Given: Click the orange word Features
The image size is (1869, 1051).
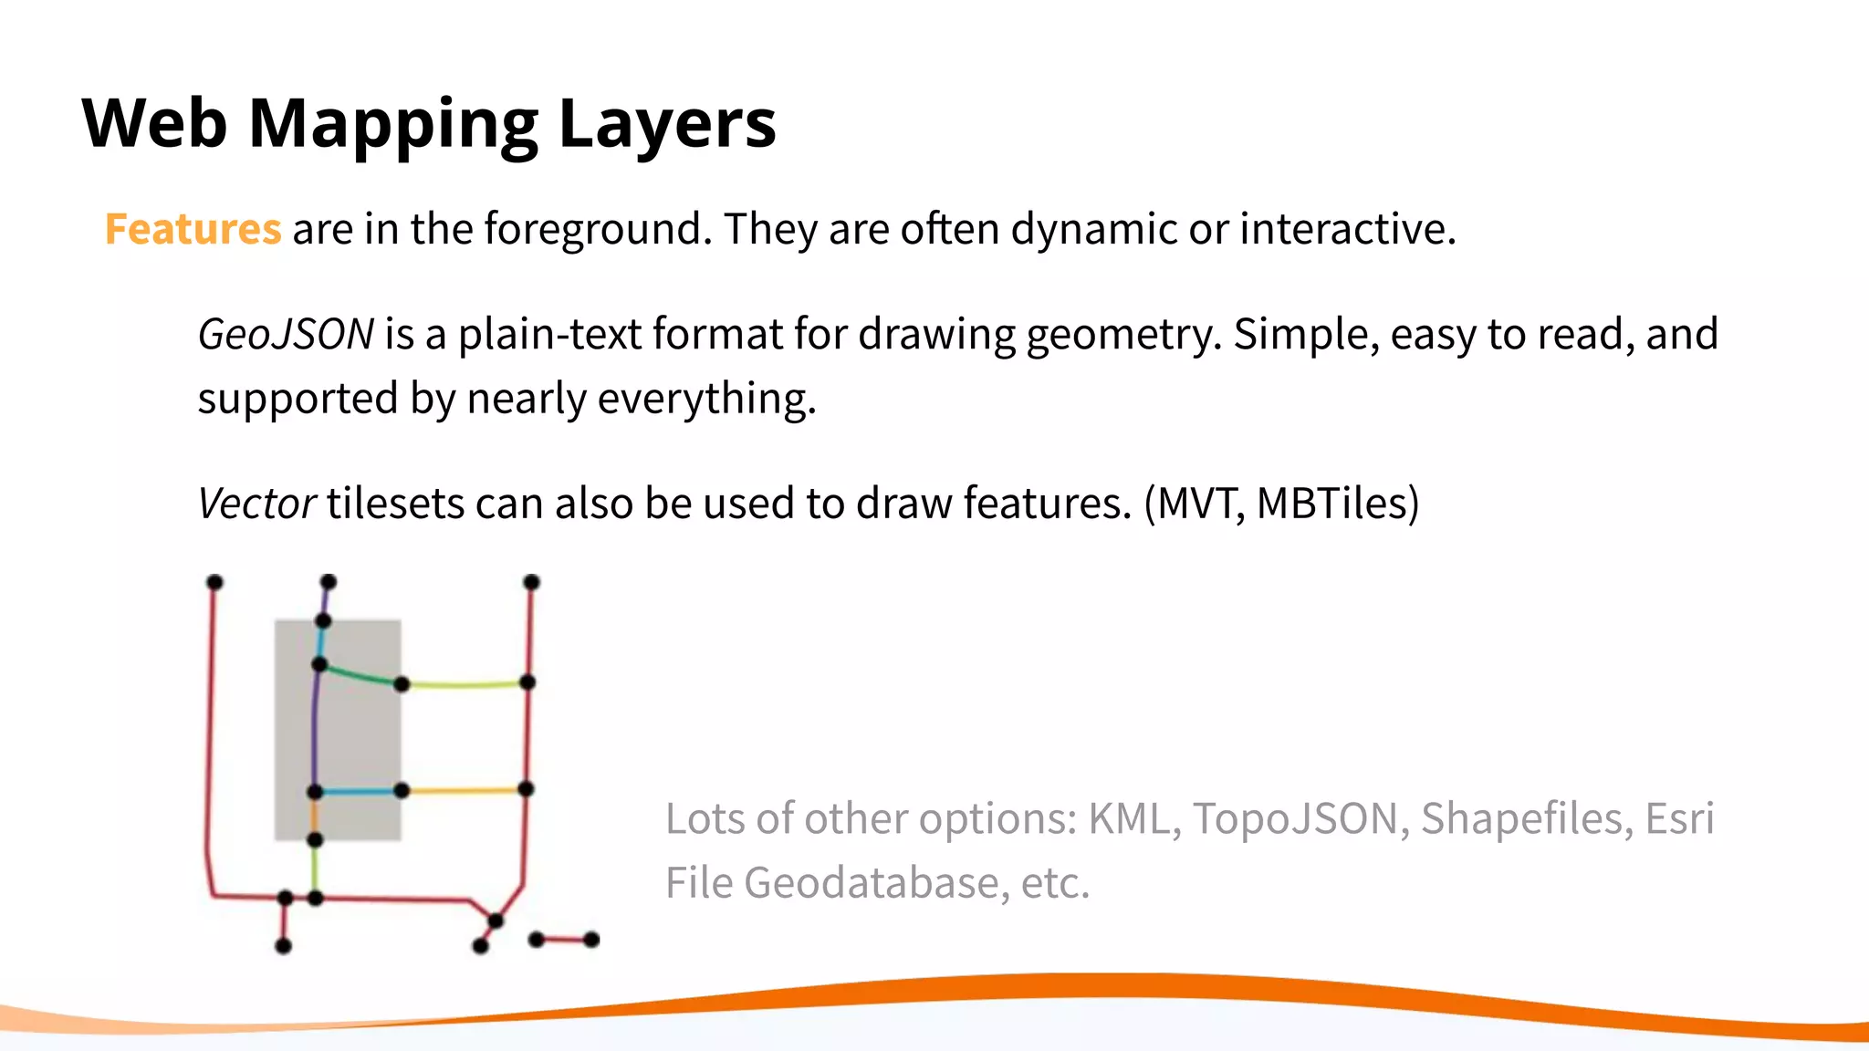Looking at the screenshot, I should [193, 229].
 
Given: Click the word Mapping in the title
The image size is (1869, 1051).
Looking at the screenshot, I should [393, 124].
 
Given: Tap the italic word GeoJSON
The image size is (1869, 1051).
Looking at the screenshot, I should [286, 334].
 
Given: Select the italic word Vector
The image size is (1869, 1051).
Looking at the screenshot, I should [256, 504].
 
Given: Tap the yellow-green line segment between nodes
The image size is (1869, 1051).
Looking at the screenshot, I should [465, 684].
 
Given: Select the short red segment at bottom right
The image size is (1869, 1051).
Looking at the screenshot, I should [564, 939].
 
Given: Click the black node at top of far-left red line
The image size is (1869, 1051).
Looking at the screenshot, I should [214, 582].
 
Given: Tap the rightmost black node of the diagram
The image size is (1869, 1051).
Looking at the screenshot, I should [591, 940].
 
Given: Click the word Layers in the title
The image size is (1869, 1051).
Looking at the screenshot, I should [667, 124].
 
